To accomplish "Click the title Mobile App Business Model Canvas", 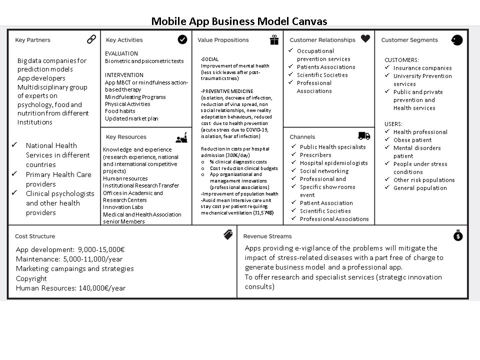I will click(x=239, y=21).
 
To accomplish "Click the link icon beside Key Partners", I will click(x=91, y=39).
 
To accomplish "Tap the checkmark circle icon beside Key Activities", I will click(x=182, y=39).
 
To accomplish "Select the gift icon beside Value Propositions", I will click(x=274, y=40).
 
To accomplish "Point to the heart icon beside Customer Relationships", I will click(x=365, y=38).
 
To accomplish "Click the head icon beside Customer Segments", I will click(x=457, y=40).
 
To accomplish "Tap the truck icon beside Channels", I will click(x=364, y=136).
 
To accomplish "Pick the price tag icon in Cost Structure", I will click(x=228, y=235).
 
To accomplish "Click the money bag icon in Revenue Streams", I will click(x=458, y=235).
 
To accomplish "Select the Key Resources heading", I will click(x=126, y=137).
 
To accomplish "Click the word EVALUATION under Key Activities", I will click(x=121, y=53).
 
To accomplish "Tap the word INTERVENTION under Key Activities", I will click(x=124, y=75).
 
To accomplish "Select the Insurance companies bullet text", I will click(x=422, y=68).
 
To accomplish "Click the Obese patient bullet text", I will click(x=412, y=140).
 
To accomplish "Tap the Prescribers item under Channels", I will click(x=315, y=155).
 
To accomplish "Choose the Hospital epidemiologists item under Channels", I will click(x=333, y=163).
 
